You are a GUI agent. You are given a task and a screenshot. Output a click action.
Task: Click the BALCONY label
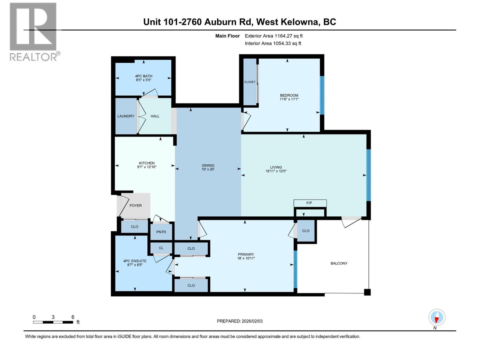(x=339, y=263)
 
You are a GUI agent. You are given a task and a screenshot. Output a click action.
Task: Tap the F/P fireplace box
(x=309, y=203)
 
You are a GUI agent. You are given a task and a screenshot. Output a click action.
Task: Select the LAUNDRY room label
(x=126, y=116)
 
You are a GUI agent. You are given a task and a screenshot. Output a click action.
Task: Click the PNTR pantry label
(x=161, y=232)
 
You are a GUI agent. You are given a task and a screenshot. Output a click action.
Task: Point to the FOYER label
(x=136, y=205)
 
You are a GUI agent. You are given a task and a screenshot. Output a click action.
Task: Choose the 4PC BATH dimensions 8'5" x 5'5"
(x=143, y=80)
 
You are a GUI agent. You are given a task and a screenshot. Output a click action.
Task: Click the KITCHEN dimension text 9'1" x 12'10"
(x=147, y=167)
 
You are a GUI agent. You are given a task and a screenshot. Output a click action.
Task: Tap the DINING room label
(x=208, y=165)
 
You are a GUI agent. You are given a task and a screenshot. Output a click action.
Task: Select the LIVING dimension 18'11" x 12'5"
(x=276, y=171)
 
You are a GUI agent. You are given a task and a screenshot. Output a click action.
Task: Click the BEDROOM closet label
(x=250, y=82)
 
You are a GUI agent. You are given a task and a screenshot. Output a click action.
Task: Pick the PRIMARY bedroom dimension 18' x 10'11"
(x=246, y=258)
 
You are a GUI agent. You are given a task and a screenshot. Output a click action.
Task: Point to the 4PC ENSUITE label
(x=135, y=261)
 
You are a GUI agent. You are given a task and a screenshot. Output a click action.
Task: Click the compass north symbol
(x=437, y=318)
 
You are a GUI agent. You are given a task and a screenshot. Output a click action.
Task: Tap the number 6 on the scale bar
(x=73, y=317)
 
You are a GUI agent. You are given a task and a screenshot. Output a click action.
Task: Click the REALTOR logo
(x=34, y=31)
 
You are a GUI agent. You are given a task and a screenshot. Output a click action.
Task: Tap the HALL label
(x=155, y=116)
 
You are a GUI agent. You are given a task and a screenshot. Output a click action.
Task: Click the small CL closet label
(x=161, y=248)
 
